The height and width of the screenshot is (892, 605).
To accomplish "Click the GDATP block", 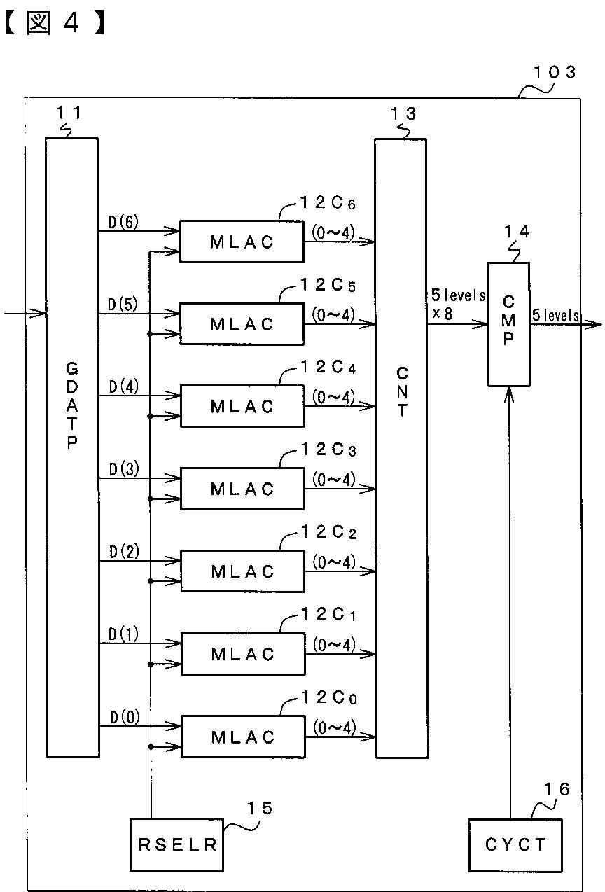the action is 72,447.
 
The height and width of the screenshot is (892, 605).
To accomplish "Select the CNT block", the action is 401,448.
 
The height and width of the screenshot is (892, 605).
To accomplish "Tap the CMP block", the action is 508,324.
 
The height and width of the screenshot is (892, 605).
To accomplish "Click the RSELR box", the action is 176,844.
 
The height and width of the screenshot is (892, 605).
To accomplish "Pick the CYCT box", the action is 515,845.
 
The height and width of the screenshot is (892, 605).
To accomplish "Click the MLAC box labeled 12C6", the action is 242,242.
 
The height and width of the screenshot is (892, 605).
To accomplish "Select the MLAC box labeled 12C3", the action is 242,489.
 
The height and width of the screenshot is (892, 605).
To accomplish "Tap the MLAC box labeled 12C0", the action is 244,737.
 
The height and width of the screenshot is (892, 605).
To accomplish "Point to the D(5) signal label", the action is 123,305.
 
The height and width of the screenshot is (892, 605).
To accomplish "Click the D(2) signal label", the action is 124,552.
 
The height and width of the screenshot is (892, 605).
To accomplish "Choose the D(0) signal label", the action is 125,717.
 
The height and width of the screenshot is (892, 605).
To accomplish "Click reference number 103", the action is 555,72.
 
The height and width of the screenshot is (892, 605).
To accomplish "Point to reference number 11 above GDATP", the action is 69,113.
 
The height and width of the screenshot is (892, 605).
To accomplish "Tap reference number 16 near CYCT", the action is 557,789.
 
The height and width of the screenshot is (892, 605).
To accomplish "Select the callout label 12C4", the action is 328,367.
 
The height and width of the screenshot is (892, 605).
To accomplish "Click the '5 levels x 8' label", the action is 458,305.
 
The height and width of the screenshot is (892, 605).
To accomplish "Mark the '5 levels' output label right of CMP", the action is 555,315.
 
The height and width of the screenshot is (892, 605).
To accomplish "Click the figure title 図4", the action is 55,23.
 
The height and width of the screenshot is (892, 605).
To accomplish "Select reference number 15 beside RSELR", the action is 260,808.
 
